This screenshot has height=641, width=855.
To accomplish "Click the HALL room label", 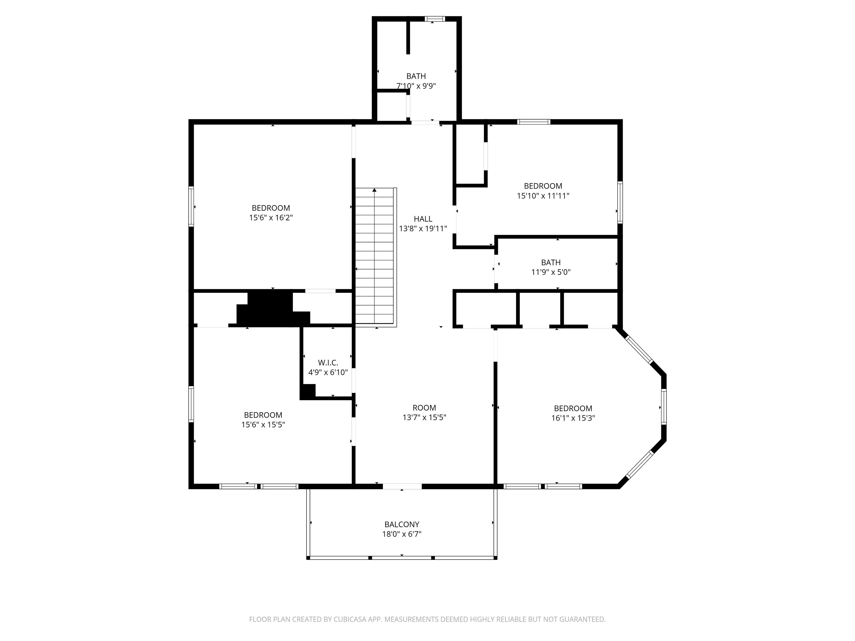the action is [423, 219].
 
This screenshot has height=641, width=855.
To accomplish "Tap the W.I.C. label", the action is [328, 363].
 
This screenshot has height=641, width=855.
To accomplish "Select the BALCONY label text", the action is [402, 524].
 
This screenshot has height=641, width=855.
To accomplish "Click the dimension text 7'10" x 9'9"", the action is [416, 86].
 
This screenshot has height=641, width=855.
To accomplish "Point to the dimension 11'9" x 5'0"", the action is [551, 272].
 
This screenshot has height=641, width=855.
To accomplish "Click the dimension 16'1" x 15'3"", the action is [573, 418].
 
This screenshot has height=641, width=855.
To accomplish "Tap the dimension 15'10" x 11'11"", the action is [543, 196].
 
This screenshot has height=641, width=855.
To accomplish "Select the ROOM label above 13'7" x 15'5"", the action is [424, 408].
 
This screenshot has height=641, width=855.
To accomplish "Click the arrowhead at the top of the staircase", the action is [374, 190].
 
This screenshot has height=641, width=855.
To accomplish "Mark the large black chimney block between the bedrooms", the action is [273, 308].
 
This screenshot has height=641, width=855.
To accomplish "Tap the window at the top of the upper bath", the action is [435, 19].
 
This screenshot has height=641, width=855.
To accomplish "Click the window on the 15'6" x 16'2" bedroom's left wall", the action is [191, 206].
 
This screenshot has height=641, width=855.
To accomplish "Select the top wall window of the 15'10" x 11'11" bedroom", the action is [534, 122].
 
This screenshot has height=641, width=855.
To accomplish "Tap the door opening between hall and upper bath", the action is [425, 122].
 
